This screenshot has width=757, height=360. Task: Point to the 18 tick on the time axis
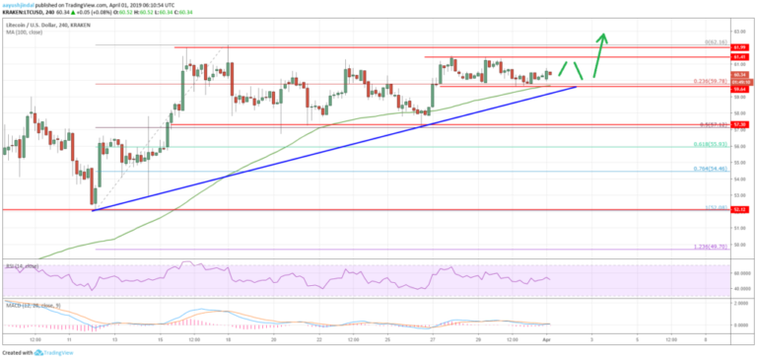pos(227,338)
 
